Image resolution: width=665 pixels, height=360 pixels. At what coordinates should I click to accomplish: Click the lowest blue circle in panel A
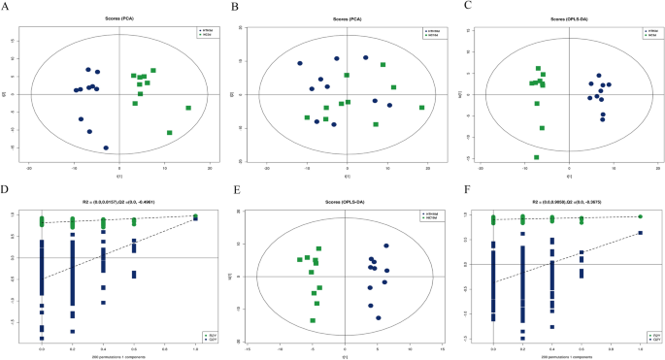[x=106, y=148]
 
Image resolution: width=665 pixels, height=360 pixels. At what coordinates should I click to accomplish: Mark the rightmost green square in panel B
[x=422, y=108]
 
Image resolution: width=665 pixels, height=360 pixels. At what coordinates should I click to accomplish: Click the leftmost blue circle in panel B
[x=300, y=64]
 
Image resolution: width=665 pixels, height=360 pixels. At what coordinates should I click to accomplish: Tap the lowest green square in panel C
[x=536, y=157]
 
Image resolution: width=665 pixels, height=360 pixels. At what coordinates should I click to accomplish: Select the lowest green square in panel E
[x=313, y=320]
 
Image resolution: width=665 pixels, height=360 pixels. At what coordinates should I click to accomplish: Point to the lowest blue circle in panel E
[x=379, y=317]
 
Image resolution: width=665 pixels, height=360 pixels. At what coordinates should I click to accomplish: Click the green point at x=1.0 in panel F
[x=641, y=216]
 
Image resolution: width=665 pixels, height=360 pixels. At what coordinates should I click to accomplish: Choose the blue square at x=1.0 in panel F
[x=641, y=233]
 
